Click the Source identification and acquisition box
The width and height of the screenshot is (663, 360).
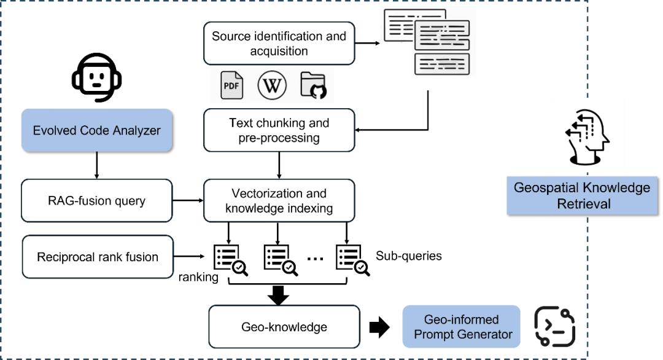[279, 44]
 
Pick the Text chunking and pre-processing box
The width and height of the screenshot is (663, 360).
[279, 130]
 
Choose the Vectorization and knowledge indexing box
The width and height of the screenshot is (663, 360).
[279, 200]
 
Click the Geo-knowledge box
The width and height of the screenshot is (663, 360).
[283, 327]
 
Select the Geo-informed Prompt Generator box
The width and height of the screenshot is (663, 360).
[461, 327]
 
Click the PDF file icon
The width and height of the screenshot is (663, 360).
[232, 86]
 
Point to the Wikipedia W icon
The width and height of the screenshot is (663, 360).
[272, 86]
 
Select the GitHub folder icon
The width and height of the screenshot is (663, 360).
[313, 86]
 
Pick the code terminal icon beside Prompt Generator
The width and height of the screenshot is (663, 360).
[555, 326]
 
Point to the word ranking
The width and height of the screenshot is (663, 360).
[198, 277]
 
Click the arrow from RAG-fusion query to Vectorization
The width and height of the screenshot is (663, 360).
[188, 200]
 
